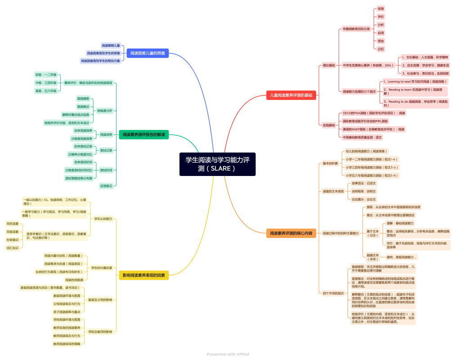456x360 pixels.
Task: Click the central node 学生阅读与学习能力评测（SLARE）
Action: pos(217,164)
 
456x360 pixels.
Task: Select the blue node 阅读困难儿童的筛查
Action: pos(148,53)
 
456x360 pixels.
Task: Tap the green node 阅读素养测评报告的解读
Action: pos(144,135)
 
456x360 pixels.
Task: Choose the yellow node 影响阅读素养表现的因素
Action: pos(143,275)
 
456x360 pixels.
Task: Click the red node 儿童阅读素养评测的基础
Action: pos(291,95)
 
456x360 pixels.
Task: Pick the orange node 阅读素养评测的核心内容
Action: pos(291,233)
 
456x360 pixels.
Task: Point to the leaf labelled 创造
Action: pos(380,9)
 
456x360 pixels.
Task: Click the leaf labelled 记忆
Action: pos(380,49)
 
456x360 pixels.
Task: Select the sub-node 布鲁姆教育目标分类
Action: pos(356,29)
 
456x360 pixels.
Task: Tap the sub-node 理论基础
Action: pos(329,65)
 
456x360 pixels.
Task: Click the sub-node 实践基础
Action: pos(329,125)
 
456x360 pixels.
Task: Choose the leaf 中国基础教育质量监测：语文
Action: pos(362,137)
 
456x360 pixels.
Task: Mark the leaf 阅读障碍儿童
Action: pos(111,45)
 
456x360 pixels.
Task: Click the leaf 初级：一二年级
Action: pos(46,75)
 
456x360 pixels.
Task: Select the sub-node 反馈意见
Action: pos(106,185)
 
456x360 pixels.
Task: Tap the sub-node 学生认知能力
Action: pos(103,219)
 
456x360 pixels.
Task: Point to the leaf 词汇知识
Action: pos(13,247)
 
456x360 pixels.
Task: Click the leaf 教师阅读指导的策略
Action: pos(67,344)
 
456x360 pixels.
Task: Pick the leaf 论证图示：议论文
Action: pos(363,199)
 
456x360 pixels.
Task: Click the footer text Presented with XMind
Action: pos(228,354)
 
